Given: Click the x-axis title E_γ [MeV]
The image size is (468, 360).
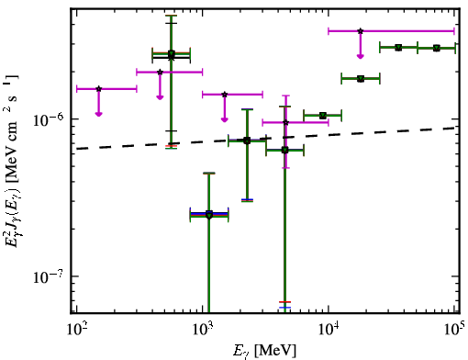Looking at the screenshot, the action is (x=264, y=351).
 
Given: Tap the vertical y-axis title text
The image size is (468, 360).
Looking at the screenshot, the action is (x=12, y=161).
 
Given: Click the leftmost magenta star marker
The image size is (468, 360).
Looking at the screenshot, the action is (x=98, y=89).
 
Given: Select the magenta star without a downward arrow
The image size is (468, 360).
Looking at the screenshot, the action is (x=285, y=122).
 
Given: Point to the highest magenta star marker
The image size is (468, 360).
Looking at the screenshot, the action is (x=361, y=31).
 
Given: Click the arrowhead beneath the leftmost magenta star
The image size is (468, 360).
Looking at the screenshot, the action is (x=98, y=114).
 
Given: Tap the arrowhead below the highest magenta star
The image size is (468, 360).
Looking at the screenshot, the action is (x=361, y=56).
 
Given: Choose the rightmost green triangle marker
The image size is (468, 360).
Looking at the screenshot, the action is (x=437, y=48).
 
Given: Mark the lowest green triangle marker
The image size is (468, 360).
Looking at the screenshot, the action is (x=209, y=216).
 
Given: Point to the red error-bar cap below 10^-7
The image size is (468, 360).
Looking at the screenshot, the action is (x=284, y=302).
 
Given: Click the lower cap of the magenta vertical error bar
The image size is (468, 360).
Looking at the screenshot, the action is (x=285, y=167).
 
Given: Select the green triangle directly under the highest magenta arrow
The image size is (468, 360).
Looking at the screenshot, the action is (x=361, y=79).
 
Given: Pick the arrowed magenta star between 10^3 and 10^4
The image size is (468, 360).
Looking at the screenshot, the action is (x=225, y=95).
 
